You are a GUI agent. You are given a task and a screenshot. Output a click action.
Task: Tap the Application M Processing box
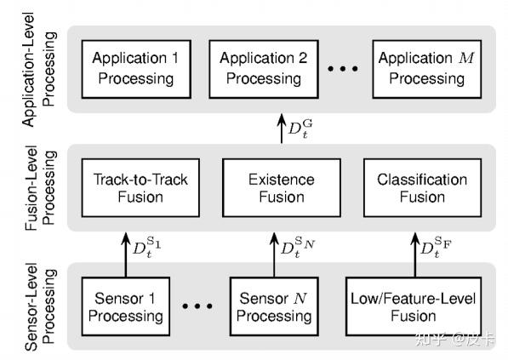[x=422, y=68]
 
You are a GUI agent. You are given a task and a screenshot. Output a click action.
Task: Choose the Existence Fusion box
[x=281, y=189]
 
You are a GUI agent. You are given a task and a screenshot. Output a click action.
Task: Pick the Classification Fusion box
[x=422, y=189]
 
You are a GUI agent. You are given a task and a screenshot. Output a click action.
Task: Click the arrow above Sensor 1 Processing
[x=126, y=249]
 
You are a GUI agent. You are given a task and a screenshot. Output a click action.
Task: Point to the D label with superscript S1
[x=147, y=249]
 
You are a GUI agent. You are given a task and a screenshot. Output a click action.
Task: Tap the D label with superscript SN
[x=298, y=249]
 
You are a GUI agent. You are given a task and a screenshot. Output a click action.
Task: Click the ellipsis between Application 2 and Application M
[x=343, y=70]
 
